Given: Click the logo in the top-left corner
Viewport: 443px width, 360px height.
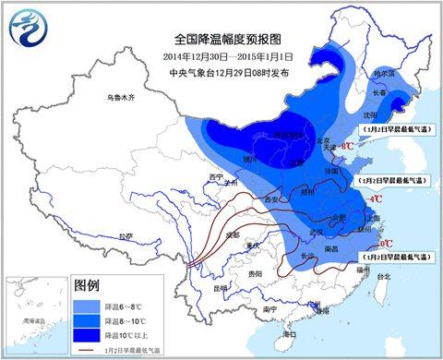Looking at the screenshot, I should click(29, 28).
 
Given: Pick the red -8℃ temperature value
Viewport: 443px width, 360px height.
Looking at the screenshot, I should click(348, 146).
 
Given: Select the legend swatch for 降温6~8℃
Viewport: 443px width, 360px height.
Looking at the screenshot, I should click(90, 303).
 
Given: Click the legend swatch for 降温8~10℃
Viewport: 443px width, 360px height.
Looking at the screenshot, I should click(90, 319).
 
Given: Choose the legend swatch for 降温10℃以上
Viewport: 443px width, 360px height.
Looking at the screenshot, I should click(90, 335).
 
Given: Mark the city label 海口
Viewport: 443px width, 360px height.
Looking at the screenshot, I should click(288, 332).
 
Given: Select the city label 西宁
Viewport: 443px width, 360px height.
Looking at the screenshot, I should click(217, 174).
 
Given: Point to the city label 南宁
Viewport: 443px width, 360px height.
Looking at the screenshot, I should click(268, 308).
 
